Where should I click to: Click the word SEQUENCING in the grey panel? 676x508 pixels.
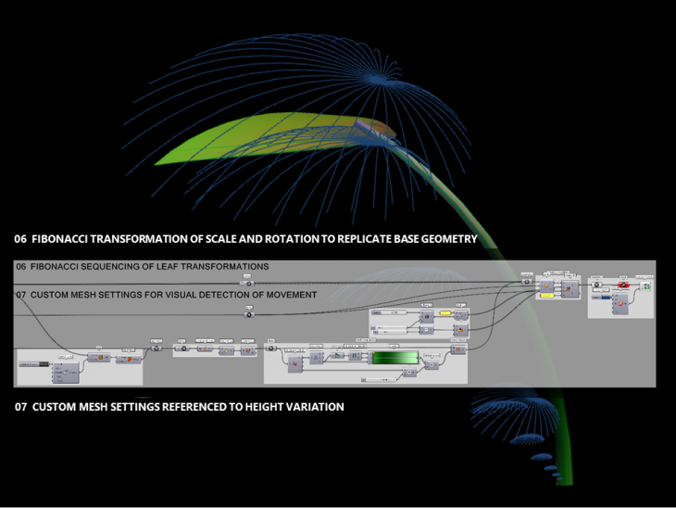pyautogui.click(x=107, y=267)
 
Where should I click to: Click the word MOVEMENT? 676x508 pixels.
pyautogui.click(x=289, y=295)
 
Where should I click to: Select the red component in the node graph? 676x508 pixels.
pyautogui.click(x=623, y=286)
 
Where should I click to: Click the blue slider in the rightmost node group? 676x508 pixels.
pyautogui.click(x=606, y=298)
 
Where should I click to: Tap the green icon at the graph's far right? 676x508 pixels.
pyautogui.click(x=646, y=286)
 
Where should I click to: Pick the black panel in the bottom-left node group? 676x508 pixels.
pyautogui.click(x=38, y=364)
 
